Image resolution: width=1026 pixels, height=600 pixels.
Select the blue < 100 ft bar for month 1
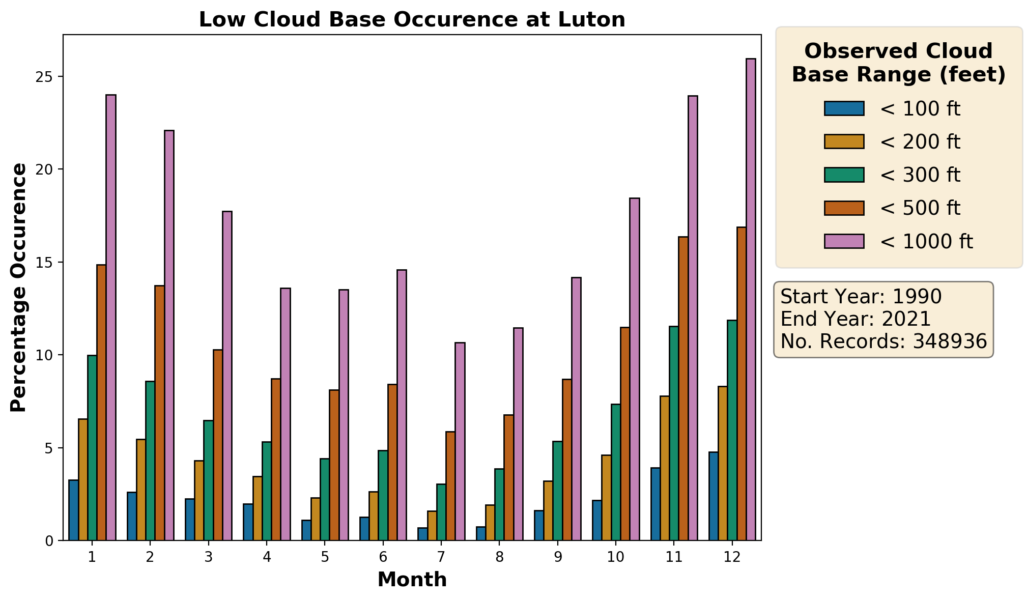(73, 510)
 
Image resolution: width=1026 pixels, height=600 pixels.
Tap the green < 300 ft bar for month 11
(674, 433)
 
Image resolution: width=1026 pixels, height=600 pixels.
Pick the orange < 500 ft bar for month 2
(159, 413)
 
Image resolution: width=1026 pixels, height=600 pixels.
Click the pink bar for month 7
(460, 441)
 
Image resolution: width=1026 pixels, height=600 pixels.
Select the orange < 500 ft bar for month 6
(392, 462)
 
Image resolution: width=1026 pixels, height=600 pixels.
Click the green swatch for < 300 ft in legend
(844, 175)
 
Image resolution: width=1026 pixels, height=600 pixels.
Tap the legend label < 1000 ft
(926, 241)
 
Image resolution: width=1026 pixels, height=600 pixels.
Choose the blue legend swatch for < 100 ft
(844, 109)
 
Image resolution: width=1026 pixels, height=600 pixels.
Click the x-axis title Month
(412, 580)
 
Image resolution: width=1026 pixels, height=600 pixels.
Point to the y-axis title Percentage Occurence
(19, 288)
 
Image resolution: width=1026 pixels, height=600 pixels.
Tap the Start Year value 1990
(917, 297)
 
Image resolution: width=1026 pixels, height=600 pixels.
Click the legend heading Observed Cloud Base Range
(898, 63)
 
